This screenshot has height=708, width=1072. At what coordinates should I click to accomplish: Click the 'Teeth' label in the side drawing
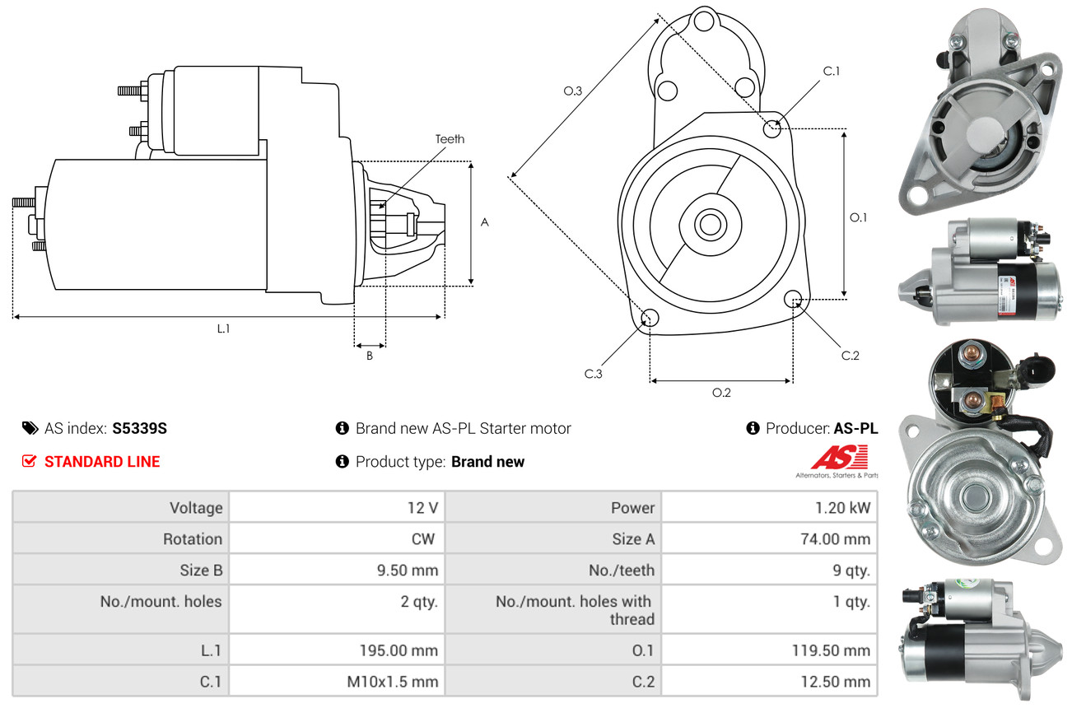(450, 139)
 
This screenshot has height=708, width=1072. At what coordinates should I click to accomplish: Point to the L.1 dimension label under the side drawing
(223, 328)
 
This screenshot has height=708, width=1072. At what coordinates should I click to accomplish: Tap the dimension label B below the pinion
(370, 356)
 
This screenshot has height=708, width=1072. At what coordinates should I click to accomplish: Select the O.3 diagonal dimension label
(573, 91)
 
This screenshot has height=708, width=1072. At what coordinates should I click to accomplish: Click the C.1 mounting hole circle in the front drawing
(772, 128)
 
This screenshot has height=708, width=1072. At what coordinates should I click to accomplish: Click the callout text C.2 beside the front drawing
(850, 356)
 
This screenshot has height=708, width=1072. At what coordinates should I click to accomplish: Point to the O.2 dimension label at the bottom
(721, 393)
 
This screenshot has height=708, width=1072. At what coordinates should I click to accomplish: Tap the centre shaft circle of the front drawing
(707, 223)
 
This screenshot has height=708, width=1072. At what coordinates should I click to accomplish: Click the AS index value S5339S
(139, 428)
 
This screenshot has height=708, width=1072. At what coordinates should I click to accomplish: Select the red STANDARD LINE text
(102, 462)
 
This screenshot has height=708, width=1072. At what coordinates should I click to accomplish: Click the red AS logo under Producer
(839, 458)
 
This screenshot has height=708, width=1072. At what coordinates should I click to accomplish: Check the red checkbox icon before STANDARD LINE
(30, 462)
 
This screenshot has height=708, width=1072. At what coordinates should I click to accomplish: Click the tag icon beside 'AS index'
(30, 428)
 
